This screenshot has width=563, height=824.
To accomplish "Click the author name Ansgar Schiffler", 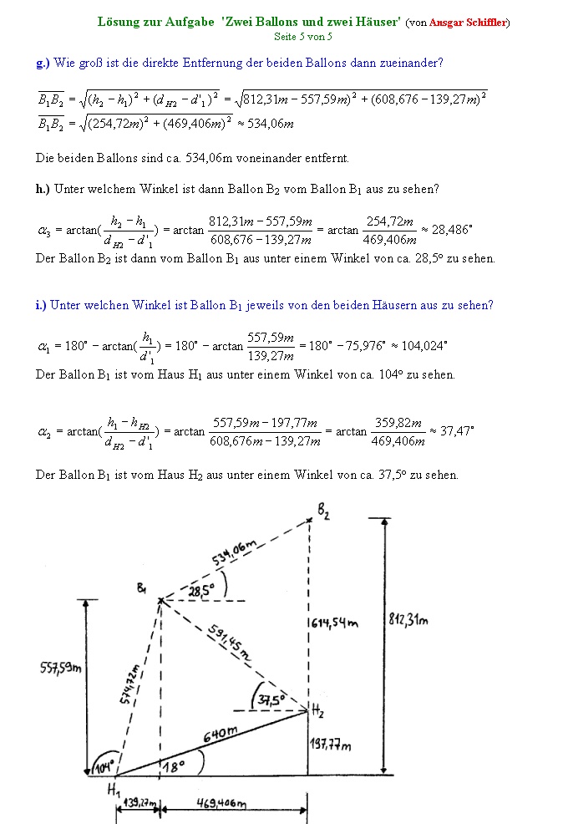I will pyautogui.click(x=468, y=23).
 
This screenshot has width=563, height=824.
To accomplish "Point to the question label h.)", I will pyautogui.click(x=43, y=189).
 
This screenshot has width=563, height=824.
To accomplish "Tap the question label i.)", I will pyautogui.click(x=41, y=305).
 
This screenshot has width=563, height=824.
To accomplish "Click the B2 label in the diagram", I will pyautogui.click(x=323, y=511).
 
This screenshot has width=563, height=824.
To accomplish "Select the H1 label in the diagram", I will pyautogui.click(x=113, y=788).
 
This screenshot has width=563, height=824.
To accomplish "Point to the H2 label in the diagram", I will pyautogui.click(x=318, y=711).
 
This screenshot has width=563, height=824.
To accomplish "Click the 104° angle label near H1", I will pyautogui.click(x=103, y=766).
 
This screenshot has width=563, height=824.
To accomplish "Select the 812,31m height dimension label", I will pyautogui.click(x=408, y=620).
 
